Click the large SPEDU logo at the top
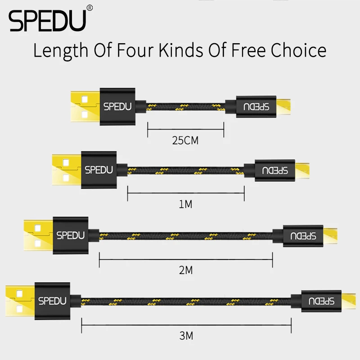point(47,21)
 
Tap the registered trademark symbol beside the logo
point(90,8)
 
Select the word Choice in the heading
point(298,50)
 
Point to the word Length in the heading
point(61,51)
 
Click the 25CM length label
point(185,140)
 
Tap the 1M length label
point(185,204)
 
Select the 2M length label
point(186,270)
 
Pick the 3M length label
point(186,336)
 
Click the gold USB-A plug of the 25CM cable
point(85,107)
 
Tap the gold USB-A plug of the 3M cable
point(20,301)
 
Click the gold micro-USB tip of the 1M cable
point(302,171)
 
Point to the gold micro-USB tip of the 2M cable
point(330,236)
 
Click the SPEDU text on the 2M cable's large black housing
point(71,235)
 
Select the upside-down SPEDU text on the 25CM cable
point(256,107)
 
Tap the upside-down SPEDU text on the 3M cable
point(321,301)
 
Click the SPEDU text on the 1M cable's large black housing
point(99,170)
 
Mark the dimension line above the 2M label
point(186,260)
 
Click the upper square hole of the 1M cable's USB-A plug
point(66,162)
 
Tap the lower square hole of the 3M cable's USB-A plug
point(19,309)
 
